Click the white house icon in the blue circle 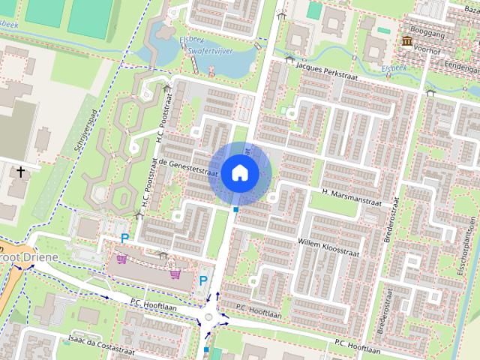(239, 172)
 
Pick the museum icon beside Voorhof (407, 42)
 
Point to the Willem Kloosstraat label (329, 244)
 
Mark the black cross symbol (19, 172)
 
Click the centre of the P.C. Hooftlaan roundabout (209, 318)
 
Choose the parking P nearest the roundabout (202, 280)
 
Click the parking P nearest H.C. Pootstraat (124, 238)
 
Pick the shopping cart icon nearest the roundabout (175, 274)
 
